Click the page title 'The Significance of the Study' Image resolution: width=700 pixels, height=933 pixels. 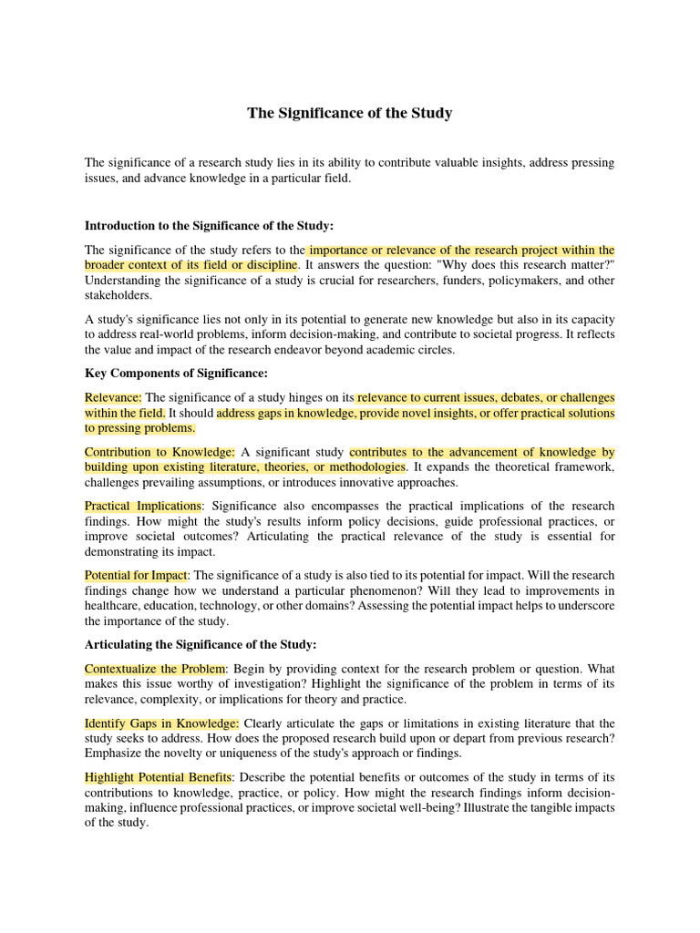[x=350, y=114]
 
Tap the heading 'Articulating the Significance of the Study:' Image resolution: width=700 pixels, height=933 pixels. [x=201, y=644]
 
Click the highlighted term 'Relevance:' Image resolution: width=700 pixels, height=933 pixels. [x=113, y=398]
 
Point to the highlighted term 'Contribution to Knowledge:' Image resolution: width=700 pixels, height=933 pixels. [x=160, y=452]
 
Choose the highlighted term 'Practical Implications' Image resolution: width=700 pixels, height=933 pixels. [x=143, y=506]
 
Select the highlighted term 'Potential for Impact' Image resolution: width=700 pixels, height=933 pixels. [x=136, y=576]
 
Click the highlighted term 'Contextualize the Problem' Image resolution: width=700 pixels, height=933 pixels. [x=155, y=668]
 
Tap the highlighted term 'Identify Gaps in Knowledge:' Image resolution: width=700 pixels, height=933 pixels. [x=161, y=723]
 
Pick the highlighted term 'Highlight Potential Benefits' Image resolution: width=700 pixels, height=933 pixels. [x=159, y=777]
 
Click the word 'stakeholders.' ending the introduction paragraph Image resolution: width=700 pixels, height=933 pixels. [x=119, y=295]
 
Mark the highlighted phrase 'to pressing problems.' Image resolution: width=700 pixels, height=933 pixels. [x=140, y=428]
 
